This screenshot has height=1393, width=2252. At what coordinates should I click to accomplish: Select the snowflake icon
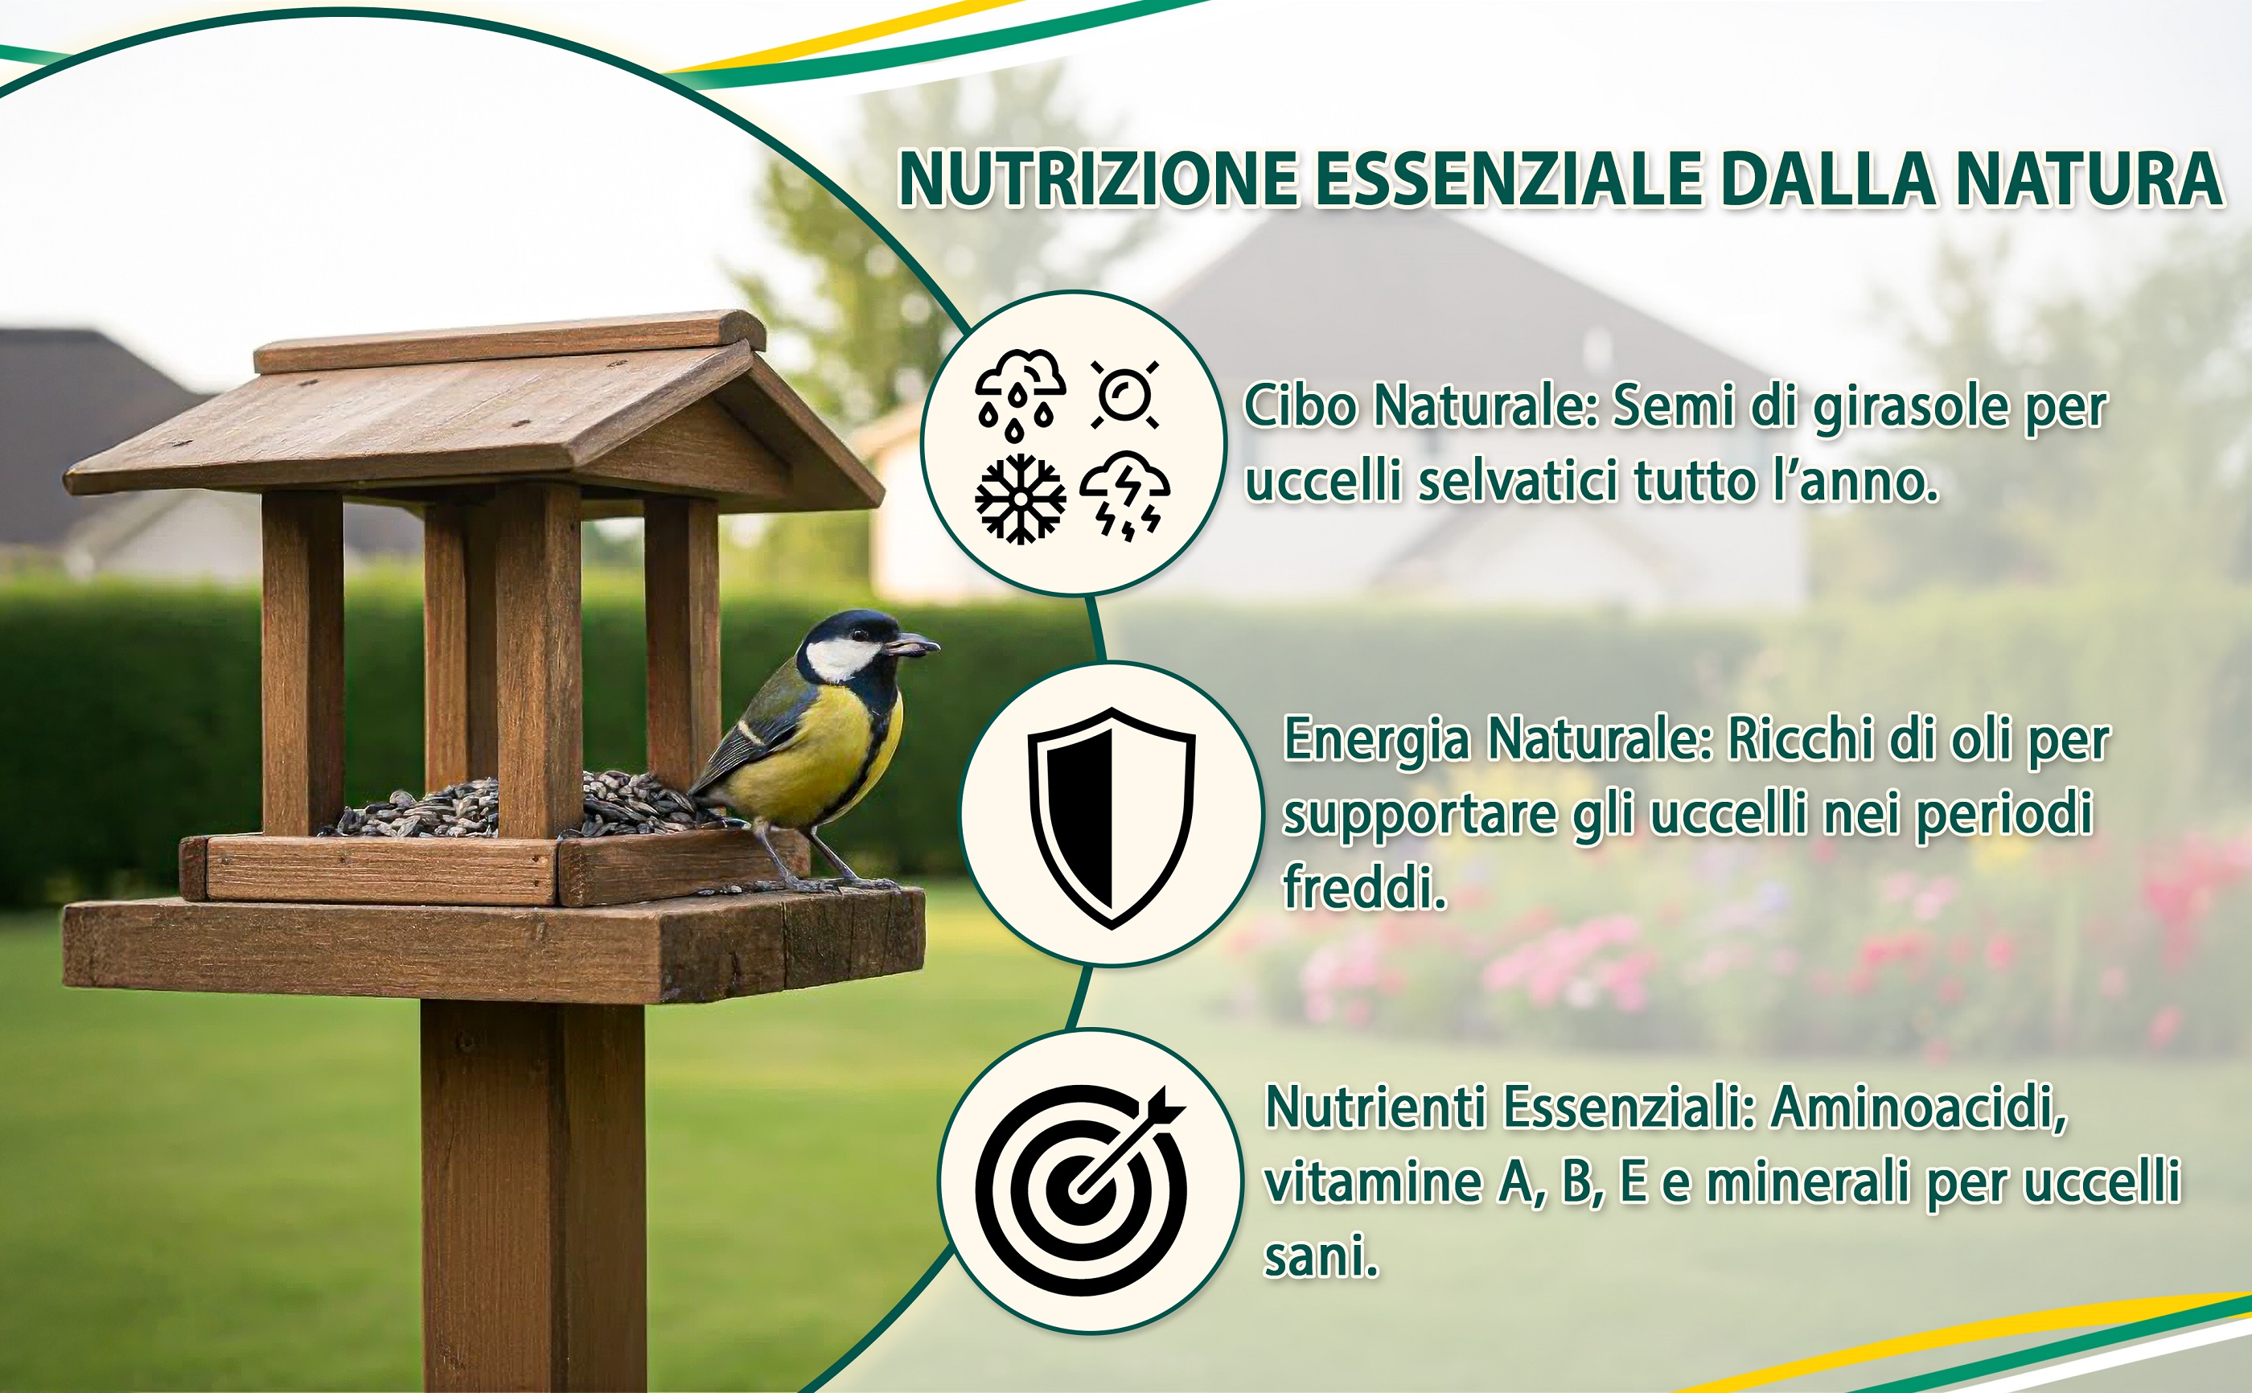tap(1020, 499)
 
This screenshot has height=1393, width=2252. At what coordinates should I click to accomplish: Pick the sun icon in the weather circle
tap(1124, 395)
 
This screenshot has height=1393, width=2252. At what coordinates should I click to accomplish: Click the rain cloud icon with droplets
tap(1020, 394)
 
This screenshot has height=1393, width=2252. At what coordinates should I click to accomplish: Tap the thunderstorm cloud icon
tap(1124, 496)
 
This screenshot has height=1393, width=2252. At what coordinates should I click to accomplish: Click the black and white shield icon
tap(1112, 818)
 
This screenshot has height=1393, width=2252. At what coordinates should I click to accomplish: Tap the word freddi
tap(1364, 886)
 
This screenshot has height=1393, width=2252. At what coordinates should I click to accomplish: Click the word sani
tap(1321, 1258)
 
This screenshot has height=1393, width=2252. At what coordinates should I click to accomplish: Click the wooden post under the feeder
tap(534, 1197)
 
